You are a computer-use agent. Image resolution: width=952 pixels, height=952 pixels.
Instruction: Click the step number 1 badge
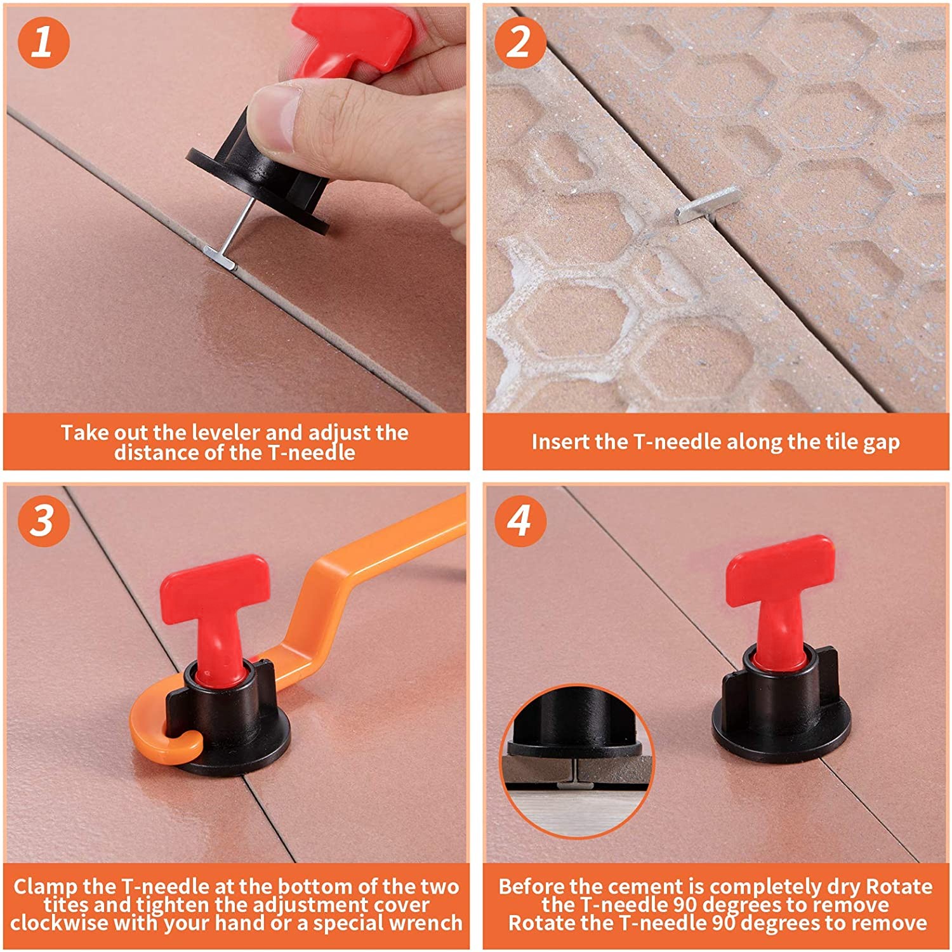[x=43, y=42]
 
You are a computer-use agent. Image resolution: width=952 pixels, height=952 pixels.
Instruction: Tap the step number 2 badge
[x=520, y=42]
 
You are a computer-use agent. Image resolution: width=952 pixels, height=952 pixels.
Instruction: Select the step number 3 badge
[x=43, y=520]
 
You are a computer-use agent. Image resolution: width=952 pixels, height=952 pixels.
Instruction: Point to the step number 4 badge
[x=520, y=520]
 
